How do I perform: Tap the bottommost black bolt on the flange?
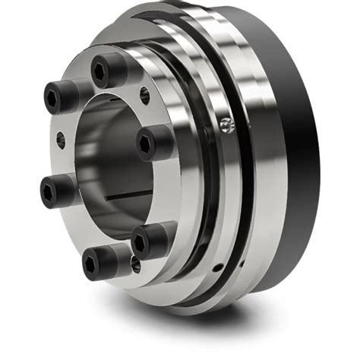point(98,262)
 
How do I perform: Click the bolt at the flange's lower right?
point(148,242)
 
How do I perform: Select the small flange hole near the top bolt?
point(144,94)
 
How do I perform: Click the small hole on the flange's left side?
point(60,140)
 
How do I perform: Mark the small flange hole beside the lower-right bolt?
point(135,264)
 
